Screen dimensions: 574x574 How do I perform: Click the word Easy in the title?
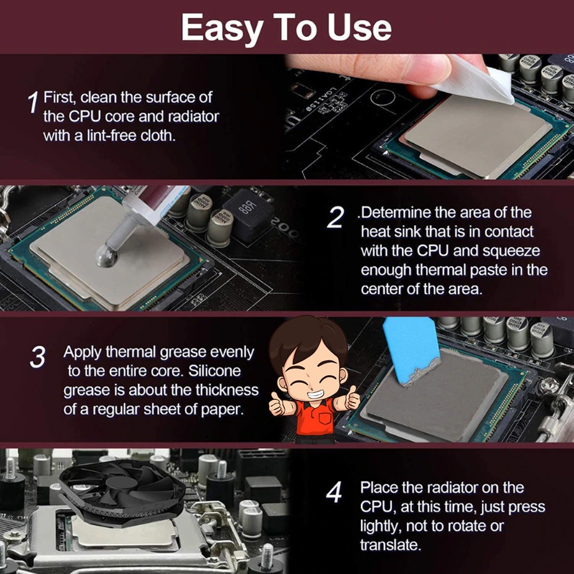223,29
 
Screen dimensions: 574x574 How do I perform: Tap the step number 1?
33,103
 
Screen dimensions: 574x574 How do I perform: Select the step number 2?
335,217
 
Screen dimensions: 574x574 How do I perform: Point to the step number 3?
38,357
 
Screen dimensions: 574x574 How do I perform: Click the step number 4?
334,492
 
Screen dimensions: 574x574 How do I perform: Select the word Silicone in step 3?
214,371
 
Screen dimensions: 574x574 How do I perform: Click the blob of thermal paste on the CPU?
107,255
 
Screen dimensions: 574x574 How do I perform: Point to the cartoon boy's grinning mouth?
313,395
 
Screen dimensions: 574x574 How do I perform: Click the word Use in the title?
359,29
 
